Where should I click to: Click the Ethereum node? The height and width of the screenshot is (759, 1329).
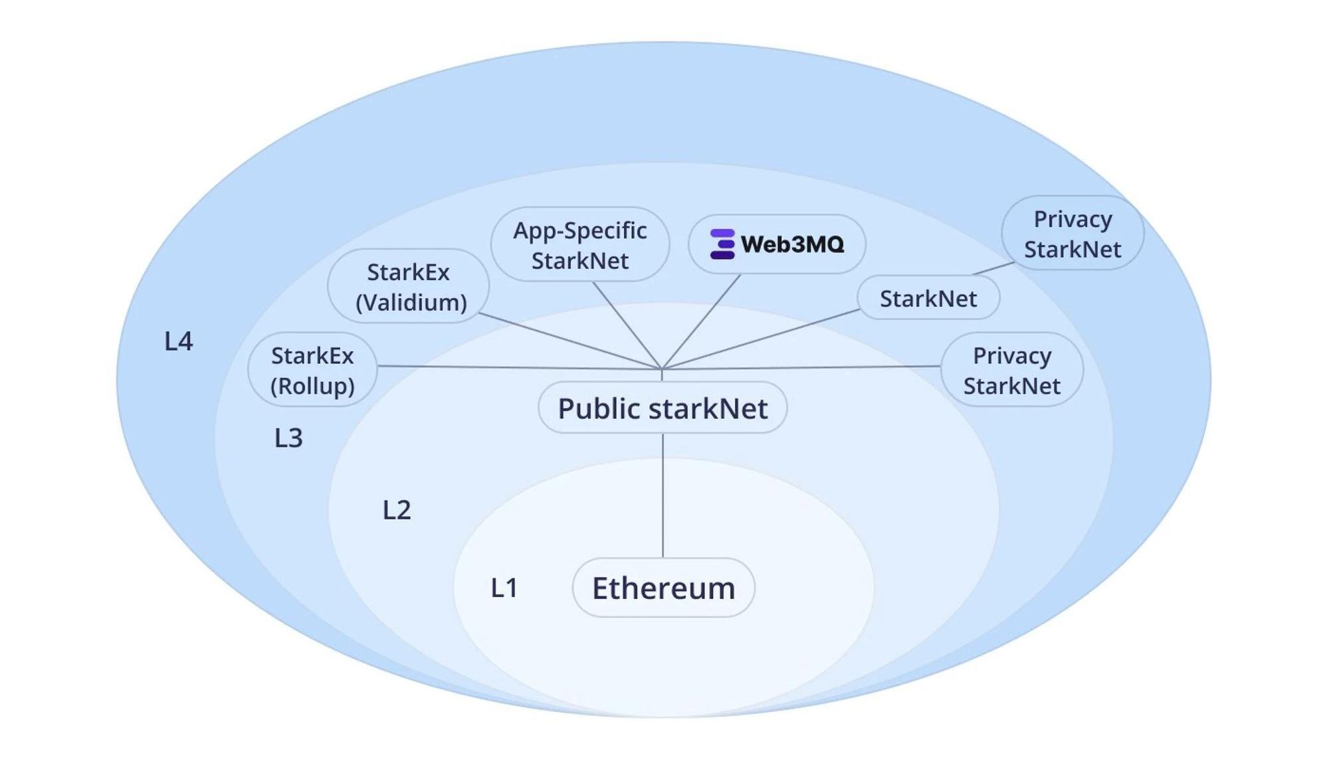(x=663, y=588)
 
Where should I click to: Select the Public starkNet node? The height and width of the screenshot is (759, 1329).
(x=663, y=408)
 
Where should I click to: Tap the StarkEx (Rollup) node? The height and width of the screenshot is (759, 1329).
(x=312, y=370)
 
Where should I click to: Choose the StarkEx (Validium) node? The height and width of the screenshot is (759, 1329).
(x=409, y=286)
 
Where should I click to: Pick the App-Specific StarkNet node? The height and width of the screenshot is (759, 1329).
(x=579, y=244)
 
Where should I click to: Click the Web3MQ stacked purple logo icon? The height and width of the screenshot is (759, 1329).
(x=722, y=244)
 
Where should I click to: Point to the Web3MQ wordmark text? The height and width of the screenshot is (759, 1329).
(x=792, y=244)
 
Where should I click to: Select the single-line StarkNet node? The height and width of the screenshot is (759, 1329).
(x=928, y=298)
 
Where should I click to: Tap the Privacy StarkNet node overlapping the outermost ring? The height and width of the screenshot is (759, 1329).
(x=1073, y=233)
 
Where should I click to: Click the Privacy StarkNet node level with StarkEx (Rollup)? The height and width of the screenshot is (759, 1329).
(x=1011, y=370)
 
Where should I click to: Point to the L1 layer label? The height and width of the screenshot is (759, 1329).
(x=504, y=588)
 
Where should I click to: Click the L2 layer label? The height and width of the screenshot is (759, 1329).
(x=397, y=510)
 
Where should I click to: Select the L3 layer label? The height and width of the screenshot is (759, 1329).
(x=288, y=438)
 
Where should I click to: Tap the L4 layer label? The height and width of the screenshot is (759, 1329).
(x=178, y=341)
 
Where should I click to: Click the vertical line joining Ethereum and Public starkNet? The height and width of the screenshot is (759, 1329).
(x=663, y=495)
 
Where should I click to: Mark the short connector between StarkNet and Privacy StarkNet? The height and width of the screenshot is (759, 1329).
(x=993, y=268)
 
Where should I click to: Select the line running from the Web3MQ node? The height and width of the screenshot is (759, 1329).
(x=702, y=321)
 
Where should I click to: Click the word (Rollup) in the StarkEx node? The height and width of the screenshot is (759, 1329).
(x=312, y=386)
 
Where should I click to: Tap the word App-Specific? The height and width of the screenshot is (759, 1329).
(x=579, y=230)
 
